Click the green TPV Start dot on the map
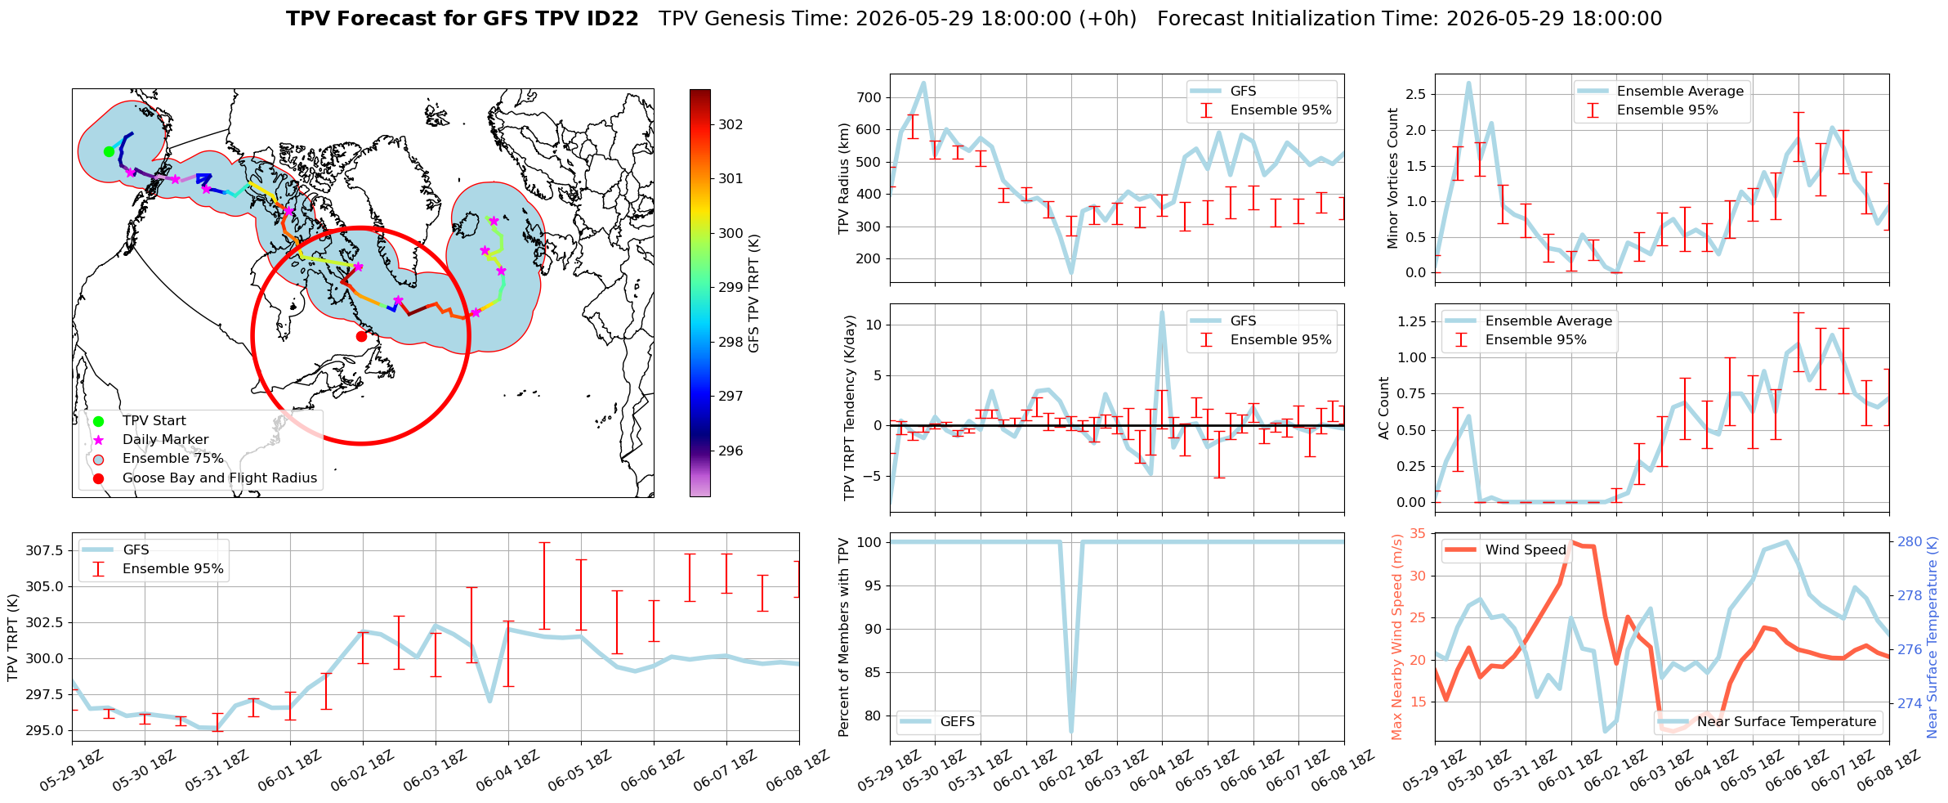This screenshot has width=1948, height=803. point(109,151)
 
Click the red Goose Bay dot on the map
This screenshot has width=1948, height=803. point(361,336)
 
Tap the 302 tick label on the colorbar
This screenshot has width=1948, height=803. point(730,124)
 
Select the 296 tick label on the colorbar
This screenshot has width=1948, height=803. point(730,451)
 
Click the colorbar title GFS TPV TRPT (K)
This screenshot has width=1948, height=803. point(753,294)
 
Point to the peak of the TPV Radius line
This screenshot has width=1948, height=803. point(923,83)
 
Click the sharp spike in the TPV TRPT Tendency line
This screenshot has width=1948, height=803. point(1161,312)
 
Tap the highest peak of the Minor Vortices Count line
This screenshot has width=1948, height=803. point(1468,83)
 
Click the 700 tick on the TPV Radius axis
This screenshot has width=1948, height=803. point(870,97)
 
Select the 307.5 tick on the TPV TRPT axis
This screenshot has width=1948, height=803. point(44,550)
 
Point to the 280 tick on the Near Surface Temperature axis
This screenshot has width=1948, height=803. point(1910,541)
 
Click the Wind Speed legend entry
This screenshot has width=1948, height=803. point(1504,550)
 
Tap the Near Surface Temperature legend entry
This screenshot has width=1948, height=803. point(1768,722)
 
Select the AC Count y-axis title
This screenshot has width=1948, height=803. point(1383,408)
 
